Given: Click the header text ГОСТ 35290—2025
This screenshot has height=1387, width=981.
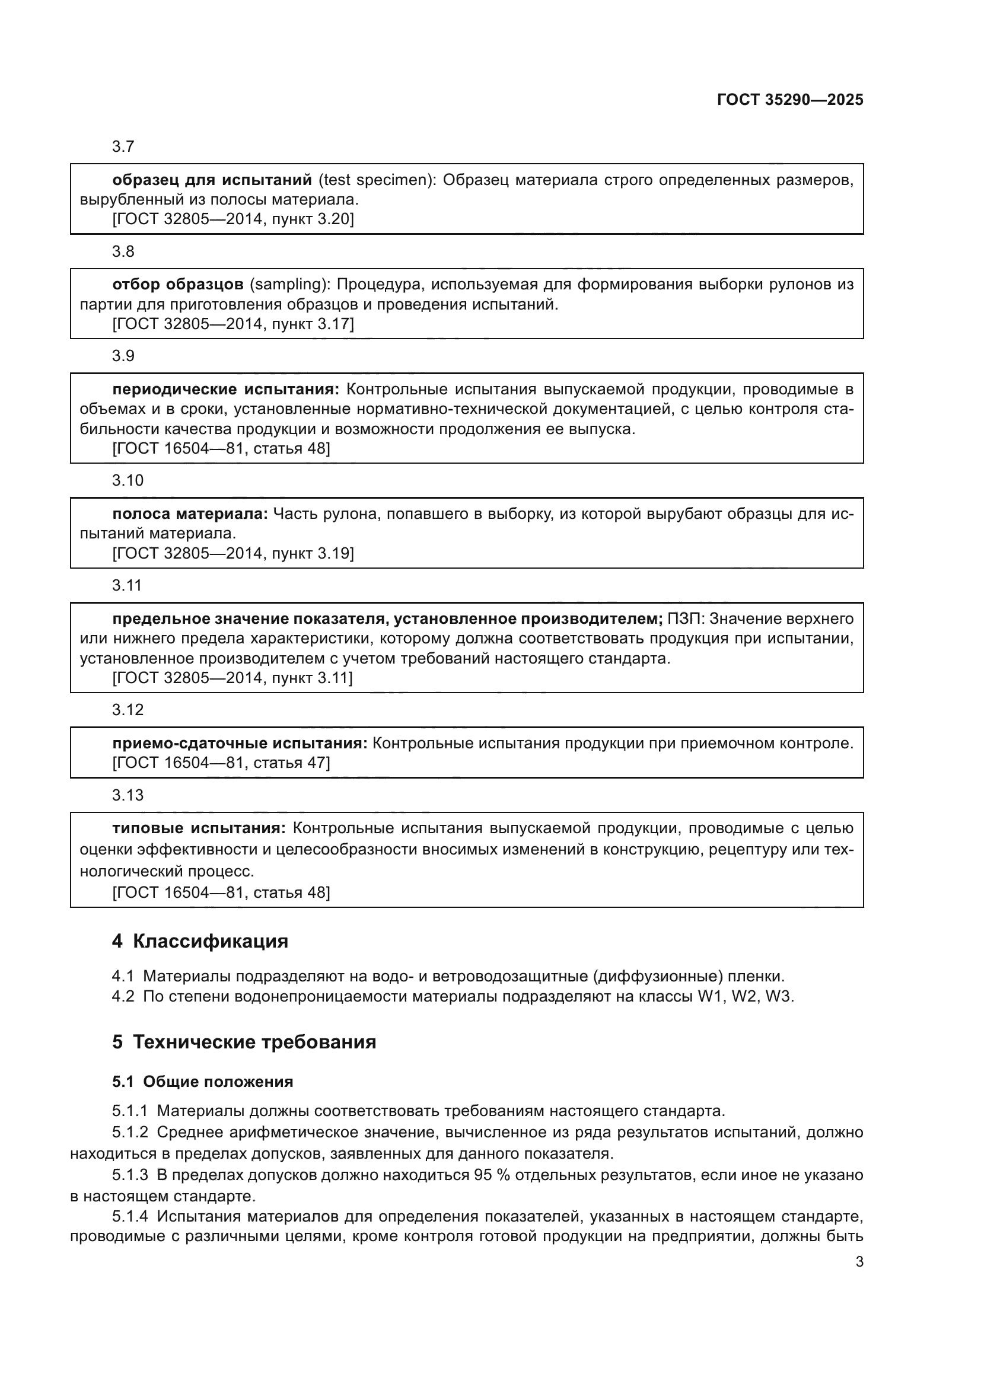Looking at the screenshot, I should [789, 100].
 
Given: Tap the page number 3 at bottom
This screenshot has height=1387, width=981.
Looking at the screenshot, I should [859, 1261].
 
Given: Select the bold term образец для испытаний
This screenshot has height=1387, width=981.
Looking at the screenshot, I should [211, 180].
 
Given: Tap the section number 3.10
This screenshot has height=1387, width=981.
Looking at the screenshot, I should [128, 481].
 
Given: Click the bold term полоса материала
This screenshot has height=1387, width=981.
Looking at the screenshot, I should [190, 514].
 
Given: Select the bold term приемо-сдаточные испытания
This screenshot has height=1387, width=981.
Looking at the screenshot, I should [239, 743].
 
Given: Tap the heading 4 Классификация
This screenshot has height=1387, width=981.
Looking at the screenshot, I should [200, 941].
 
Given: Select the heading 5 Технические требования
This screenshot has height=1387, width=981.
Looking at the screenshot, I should [244, 1042].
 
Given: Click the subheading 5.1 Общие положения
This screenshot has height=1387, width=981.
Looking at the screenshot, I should [202, 1082].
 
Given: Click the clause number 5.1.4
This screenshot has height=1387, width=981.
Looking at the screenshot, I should [130, 1217].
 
